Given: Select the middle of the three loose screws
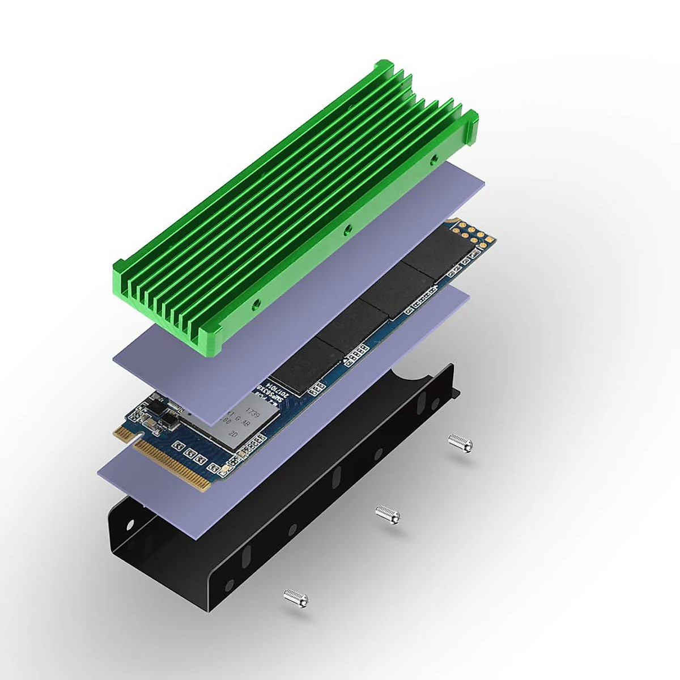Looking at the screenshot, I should (x=388, y=515).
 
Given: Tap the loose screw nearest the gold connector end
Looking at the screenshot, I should (x=295, y=596).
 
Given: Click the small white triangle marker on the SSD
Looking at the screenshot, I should (x=451, y=220).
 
